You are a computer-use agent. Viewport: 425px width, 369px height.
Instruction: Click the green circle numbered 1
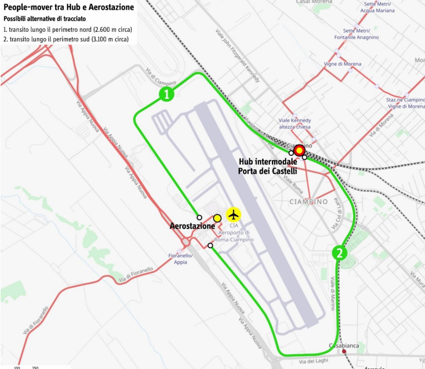(166, 94)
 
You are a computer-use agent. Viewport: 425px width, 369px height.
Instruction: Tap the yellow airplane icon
(233, 214)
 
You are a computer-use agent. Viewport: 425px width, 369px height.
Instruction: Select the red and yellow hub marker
(299, 151)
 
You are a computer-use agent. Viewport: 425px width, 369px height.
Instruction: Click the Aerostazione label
(192, 226)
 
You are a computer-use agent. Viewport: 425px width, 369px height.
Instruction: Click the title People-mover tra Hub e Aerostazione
(69, 7)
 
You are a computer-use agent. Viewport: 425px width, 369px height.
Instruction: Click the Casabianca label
(344, 346)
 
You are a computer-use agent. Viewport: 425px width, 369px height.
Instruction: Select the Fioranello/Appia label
(180, 259)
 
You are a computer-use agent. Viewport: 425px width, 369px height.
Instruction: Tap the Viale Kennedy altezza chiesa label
(295, 123)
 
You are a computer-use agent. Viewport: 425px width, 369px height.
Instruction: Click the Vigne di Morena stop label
(343, 64)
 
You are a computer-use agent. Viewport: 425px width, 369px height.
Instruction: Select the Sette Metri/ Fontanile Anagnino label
(361, 34)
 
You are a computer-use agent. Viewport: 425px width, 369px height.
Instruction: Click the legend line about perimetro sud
(66, 39)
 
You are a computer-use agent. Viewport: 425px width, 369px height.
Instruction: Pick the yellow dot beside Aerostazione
(217, 218)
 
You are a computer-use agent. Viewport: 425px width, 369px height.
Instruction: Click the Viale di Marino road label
(332, 293)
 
